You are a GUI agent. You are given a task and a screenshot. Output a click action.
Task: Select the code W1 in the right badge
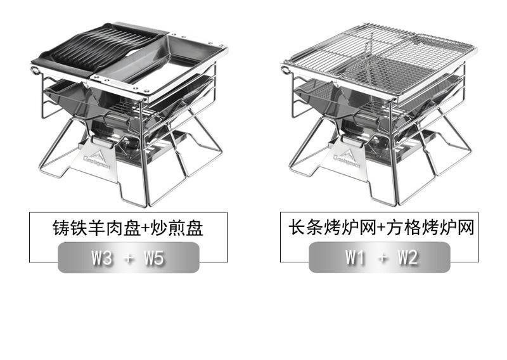tap(355, 257)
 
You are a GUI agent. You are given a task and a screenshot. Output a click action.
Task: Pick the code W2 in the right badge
tap(408, 257)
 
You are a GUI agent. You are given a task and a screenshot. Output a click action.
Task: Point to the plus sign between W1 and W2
tap(382, 257)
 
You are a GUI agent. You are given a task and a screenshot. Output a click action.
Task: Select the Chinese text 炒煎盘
tap(177, 228)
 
